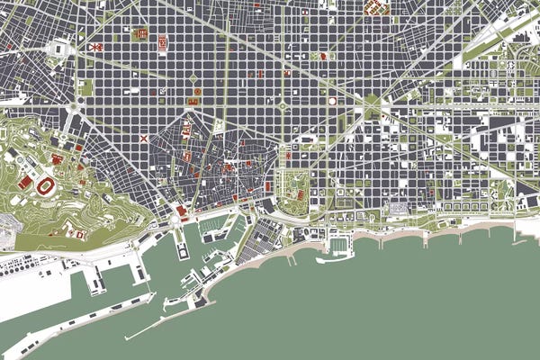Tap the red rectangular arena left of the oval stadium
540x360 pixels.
click(x=25, y=182)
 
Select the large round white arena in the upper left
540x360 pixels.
click(x=60, y=48)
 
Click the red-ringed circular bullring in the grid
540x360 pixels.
click(x=331, y=101)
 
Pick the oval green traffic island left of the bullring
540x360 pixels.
click(x=282, y=106)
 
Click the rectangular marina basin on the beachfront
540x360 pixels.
click(x=338, y=245)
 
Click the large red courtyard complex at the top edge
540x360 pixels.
click(x=376, y=8)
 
